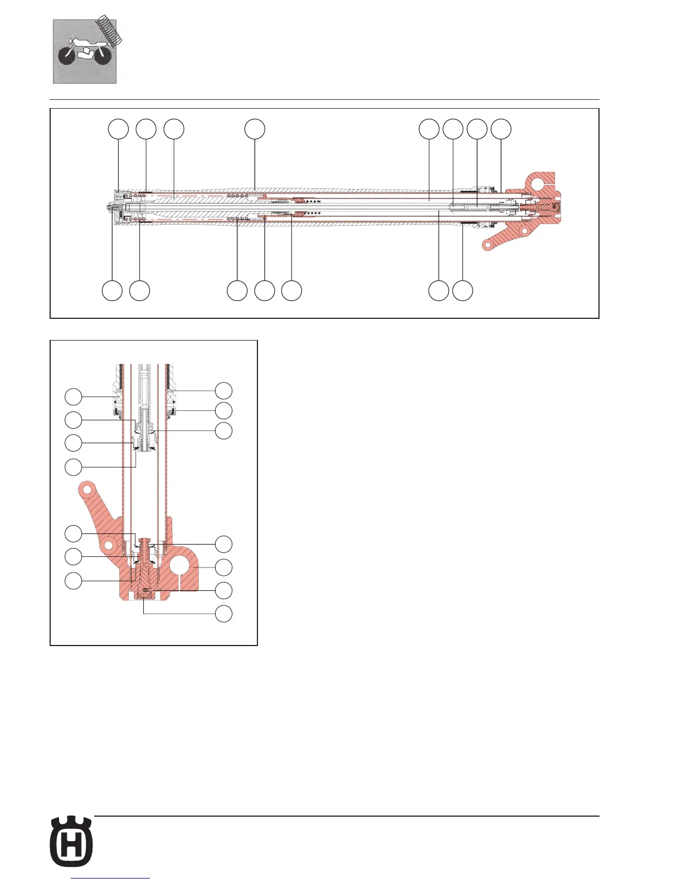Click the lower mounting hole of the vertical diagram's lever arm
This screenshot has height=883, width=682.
[x=110, y=544]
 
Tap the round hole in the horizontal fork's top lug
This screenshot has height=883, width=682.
[x=538, y=183]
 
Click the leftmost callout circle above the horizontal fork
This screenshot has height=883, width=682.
[x=118, y=129]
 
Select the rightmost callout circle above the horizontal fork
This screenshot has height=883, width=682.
[x=501, y=129]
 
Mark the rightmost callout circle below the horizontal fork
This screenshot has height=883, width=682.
[x=462, y=291]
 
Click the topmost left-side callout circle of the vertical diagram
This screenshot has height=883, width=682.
[x=74, y=397]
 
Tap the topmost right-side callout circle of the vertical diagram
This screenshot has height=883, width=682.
[x=224, y=390]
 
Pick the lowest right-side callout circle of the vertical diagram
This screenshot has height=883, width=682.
[x=224, y=613]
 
